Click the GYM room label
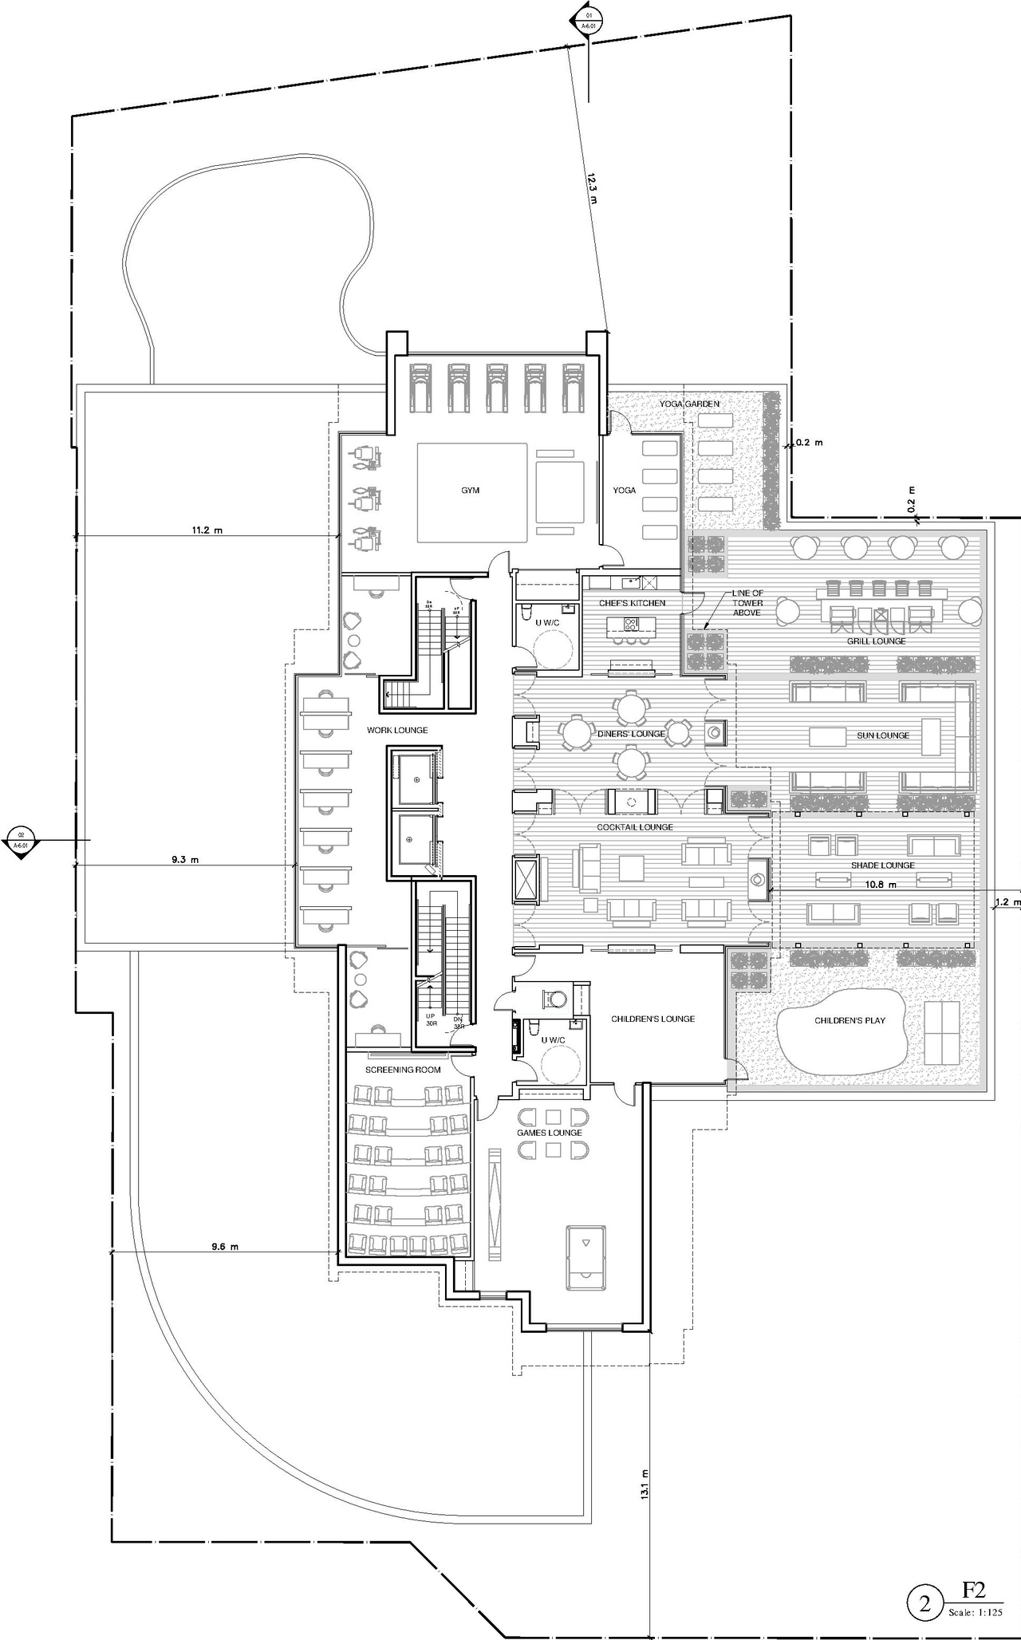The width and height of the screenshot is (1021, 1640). (x=470, y=490)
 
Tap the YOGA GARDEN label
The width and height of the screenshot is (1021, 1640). (x=689, y=404)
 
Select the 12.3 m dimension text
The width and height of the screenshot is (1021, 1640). (x=591, y=191)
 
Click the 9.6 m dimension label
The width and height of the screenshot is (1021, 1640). (x=224, y=1247)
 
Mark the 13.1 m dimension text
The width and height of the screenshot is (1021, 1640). (x=645, y=1482)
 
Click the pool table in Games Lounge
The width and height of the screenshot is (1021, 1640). (x=585, y=1258)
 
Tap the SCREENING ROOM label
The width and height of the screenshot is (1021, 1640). (x=403, y=1070)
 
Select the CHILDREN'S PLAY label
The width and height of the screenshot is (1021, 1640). (x=850, y=1020)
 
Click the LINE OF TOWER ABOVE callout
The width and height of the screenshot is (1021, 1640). (x=747, y=603)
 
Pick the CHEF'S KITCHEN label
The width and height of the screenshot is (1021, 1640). (x=632, y=603)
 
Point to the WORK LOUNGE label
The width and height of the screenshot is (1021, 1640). (x=397, y=730)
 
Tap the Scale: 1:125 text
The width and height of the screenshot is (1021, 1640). (x=975, y=1612)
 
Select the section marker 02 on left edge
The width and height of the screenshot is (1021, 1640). (x=22, y=841)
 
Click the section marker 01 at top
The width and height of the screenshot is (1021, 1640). (x=589, y=20)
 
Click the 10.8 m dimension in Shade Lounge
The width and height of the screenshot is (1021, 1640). (x=881, y=885)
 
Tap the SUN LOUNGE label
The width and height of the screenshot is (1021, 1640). (x=883, y=735)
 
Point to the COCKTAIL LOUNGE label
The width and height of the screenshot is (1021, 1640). (x=635, y=827)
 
